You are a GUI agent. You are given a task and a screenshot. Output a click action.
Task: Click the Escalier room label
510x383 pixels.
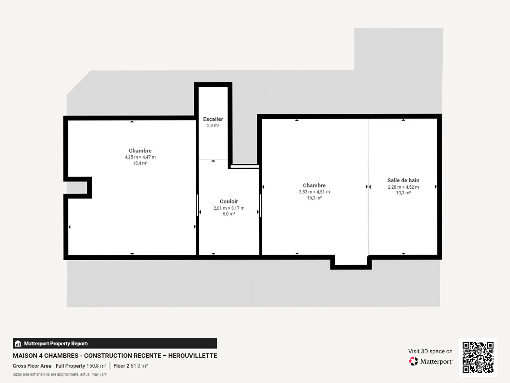[213, 119]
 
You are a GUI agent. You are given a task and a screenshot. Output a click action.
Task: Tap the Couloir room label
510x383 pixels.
[229, 201]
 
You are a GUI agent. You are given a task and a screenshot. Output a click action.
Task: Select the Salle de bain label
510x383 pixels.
[403, 180]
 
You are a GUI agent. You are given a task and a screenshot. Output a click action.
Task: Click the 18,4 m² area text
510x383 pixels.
[140, 163]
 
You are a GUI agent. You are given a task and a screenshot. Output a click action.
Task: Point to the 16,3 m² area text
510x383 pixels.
[314, 198]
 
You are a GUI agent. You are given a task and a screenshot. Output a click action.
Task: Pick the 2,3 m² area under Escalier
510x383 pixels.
[213, 126]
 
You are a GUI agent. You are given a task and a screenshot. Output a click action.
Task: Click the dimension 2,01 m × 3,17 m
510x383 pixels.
[229, 208]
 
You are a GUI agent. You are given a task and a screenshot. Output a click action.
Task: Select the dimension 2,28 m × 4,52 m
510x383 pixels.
[403, 187]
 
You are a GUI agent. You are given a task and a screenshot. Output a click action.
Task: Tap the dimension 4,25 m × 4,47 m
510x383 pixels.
[140, 157]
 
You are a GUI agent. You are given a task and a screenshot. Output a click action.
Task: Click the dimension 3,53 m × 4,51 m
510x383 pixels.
[314, 192]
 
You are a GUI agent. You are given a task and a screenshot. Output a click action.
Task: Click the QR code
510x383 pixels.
[478, 357]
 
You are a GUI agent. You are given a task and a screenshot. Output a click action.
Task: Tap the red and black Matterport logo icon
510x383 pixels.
[413, 361]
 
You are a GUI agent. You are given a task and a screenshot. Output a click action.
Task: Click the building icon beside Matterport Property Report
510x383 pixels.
[18, 344]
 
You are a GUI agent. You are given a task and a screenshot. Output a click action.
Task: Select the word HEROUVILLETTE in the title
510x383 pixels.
[193, 356]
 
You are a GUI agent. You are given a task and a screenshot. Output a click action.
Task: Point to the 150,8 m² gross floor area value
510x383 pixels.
[96, 366]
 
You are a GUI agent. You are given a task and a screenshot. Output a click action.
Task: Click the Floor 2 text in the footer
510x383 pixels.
[121, 366]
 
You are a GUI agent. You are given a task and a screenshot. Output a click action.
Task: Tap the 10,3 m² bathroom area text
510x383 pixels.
[403, 193]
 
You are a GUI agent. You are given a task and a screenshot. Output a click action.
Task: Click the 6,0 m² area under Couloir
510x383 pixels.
[229, 214]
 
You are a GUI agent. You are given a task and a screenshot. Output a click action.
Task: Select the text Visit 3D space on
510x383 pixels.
[430, 351]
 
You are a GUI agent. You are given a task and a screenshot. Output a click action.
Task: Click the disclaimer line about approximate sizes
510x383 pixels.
[60, 374]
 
